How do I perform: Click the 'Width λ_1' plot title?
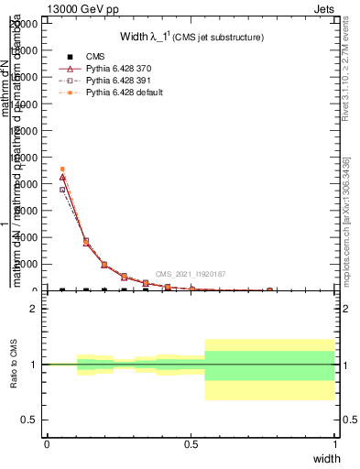tap(151, 38)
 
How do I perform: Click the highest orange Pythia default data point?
tap(62, 169)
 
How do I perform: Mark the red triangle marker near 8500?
tap(62, 177)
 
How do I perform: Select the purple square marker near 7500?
tap(62, 190)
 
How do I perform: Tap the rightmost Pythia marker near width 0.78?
tap(269, 289)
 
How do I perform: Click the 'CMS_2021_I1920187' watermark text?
tap(191, 274)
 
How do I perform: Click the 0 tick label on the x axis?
tap(47, 443)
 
